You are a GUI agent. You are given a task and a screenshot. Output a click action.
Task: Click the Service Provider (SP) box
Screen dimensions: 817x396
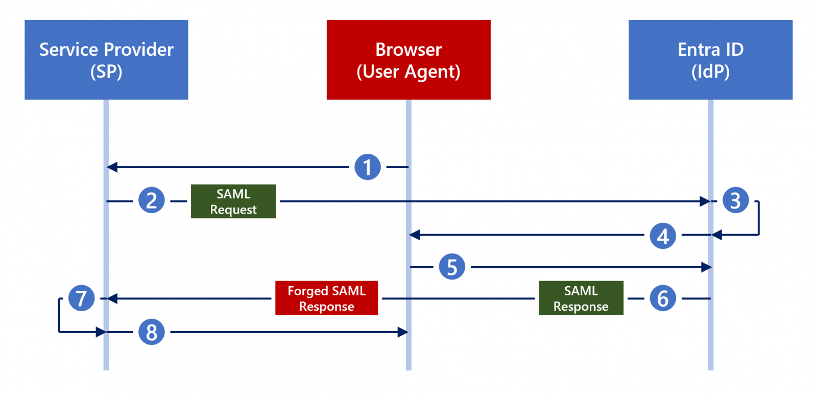click(106, 59)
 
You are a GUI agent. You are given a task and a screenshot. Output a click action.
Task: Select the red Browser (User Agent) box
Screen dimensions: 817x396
click(408, 59)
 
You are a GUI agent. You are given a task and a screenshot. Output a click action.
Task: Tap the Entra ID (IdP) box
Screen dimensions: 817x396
click(710, 59)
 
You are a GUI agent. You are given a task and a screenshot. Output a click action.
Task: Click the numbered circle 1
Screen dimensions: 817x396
click(368, 167)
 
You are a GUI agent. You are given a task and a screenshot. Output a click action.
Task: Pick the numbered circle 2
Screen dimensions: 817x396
click(152, 200)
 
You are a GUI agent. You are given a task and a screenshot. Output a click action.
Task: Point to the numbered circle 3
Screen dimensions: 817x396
click(736, 200)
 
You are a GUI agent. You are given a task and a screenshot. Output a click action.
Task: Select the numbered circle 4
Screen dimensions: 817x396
click(663, 236)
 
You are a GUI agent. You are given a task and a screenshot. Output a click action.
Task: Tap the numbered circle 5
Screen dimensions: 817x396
click(452, 267)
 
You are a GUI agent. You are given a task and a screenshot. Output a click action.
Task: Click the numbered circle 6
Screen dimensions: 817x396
click(663, 298)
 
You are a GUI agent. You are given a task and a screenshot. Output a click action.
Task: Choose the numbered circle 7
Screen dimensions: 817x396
click(82, 298)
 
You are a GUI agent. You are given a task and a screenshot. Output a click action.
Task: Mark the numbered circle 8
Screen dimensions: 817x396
click(152, 332)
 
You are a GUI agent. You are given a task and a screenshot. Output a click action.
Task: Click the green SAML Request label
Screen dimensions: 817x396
click(233, 201)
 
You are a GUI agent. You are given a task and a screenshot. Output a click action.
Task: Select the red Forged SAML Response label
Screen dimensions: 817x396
click(326, 298)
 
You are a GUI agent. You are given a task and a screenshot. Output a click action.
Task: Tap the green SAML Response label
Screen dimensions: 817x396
click(581, 298)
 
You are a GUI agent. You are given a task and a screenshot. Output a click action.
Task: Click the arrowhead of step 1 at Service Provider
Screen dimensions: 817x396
click(112, 167)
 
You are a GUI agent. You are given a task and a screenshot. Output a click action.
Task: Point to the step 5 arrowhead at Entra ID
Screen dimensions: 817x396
click(707, 267)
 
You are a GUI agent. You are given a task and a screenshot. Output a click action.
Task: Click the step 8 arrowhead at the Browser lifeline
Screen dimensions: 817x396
click(403, 332)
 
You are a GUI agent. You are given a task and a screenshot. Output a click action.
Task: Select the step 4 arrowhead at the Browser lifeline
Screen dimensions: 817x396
click(414, 235)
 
